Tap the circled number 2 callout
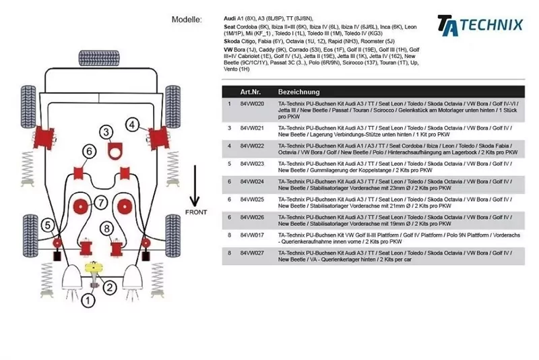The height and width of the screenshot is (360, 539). (x=109, y=288)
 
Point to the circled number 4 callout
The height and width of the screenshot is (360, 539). (x=133, y=124)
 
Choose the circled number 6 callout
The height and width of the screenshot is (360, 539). (x=88, y=150)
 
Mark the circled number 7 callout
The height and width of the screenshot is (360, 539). (x=100, y=202)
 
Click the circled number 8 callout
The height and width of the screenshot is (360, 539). (x=107, y=229)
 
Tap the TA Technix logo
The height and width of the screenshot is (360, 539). (x=479, y=25)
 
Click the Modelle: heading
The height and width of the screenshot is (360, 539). (x=187, y=20)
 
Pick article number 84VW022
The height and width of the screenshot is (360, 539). (x=252, y=145)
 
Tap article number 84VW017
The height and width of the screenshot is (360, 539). (x=252, y=235)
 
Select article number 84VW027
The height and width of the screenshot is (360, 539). (x=252, y=252)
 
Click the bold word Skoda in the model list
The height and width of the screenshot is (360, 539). (x=232, y=41)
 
